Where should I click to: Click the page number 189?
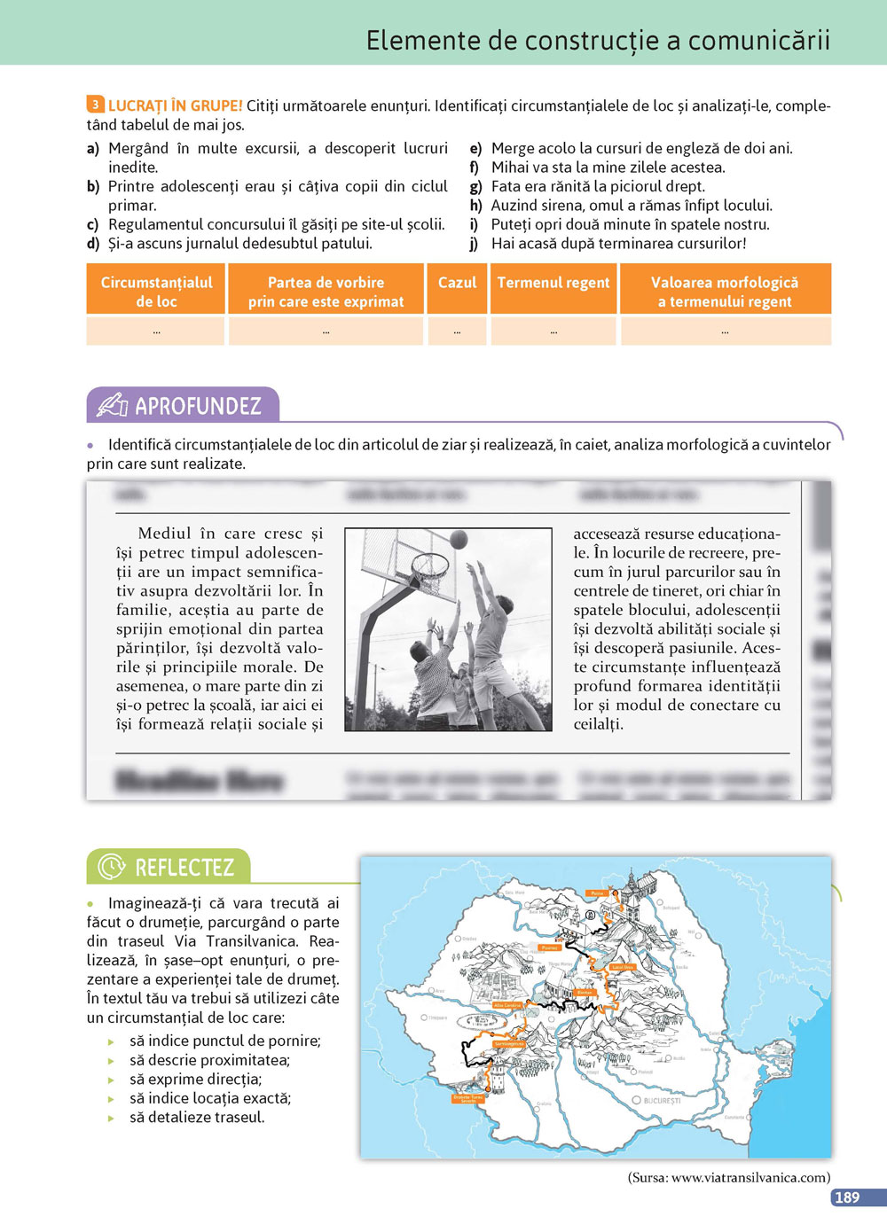point(847,1197)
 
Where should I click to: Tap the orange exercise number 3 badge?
point(95,105)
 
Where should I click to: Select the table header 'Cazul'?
point(457,283)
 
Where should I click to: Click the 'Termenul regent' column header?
point(553,283)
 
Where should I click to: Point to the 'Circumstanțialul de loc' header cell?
point(156,292)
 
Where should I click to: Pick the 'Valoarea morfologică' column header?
point(725,292)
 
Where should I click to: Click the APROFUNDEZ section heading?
point(198,406)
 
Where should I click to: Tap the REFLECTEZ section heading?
point(184,867)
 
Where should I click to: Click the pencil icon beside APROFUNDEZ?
point(113,405)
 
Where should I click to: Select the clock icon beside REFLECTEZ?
point(111,866)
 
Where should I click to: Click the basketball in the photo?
point(459,539)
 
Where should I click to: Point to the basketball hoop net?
point(431,573)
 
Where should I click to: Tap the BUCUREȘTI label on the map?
point(662,1100)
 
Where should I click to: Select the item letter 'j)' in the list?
point(474,243)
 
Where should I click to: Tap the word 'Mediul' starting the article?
point(165,534)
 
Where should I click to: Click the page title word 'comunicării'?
point(759,40)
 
